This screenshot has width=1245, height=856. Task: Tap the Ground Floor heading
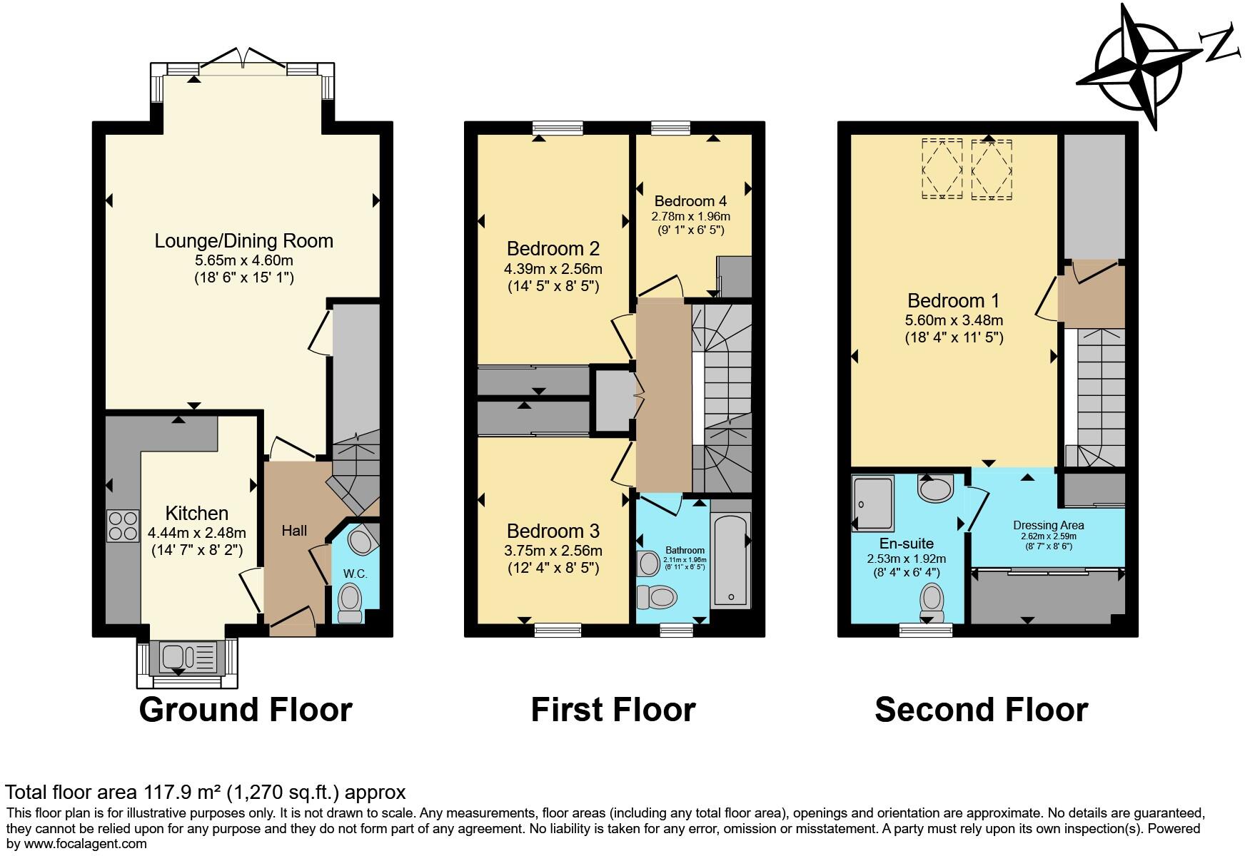[246, 710]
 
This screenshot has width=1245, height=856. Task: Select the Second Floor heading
[981, 710]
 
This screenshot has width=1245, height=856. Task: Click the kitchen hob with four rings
[123, 526]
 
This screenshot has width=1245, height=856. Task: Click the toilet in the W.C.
[351, 601]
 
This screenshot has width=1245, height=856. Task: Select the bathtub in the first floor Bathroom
[730, 560]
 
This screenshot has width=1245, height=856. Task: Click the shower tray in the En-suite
[872, 504]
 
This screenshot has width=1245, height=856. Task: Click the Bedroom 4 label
[690, 201]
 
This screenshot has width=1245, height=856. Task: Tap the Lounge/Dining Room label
[244, 241]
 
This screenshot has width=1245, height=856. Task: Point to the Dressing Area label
[1048, 526]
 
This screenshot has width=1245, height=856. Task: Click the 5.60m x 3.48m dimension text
[954, 320]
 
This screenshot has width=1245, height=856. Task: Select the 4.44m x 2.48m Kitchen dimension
[197, 533]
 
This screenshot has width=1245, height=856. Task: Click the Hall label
[294, 530]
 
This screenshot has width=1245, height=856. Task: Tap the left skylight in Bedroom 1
[942, 168]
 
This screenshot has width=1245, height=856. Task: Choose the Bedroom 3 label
[553, 531]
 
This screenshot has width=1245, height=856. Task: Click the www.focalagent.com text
[84, 844]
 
